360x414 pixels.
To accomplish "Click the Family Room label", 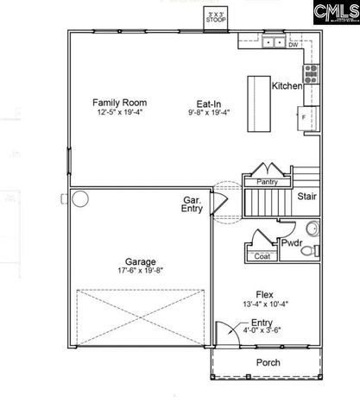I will click(x=120, y=103).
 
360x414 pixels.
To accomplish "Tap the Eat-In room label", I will click(x=205, y=103).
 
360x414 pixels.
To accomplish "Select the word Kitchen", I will click(x=287, y=87).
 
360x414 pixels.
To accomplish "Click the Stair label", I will click(x=306, y=197).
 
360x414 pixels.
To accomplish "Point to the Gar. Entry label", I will click(x=193, y=204).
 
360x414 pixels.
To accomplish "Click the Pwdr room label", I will click(x=292, y=244).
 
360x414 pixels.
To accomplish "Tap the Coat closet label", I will click(x=262, y=256).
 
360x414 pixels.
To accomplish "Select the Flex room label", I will click(x=264, y=293).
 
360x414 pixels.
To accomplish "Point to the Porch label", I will click(x=268, y=362).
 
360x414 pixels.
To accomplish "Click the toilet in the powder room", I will click(x=313, y=229).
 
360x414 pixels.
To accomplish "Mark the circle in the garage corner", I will click(x=80, y=199).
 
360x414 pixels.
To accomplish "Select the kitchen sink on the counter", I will click(x=274, y=41).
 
